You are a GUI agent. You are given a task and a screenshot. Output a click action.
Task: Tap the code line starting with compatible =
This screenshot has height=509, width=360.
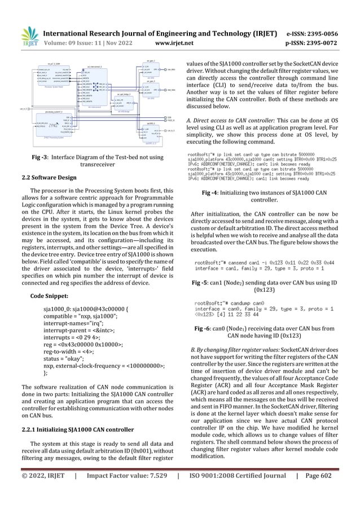point(74,317)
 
